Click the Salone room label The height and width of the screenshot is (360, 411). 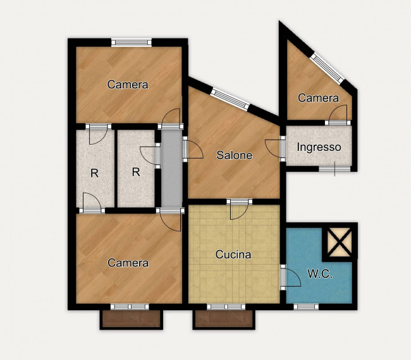tap(234, 155)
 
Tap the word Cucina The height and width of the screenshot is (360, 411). tap(233, 255)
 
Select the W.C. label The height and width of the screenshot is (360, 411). tap(320, 274)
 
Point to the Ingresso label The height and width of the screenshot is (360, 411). tap(319, 147)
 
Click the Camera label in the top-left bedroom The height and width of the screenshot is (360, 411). tap(128, 85)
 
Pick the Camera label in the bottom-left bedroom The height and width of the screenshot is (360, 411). tap(128, 263)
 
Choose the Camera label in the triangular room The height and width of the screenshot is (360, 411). tap(318, 98)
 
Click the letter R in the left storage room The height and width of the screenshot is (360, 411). tap(94, 173)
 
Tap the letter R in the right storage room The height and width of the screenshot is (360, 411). tap(136, 172)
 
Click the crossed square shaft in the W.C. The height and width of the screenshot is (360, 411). tap(340, 242)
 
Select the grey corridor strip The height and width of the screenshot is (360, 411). tap(172, 169)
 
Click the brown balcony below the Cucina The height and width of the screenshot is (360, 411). tap(224, 319)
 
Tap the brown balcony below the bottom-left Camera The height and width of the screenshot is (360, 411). tap(132, 319)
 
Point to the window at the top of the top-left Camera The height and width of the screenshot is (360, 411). tap(132, 42)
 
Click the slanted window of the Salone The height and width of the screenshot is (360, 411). tap(230, 100)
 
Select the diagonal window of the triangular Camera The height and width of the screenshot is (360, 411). tap(327, 68)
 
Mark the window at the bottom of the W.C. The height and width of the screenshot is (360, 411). tap(306, 306)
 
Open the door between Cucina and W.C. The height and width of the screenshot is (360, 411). tap(290, 277)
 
